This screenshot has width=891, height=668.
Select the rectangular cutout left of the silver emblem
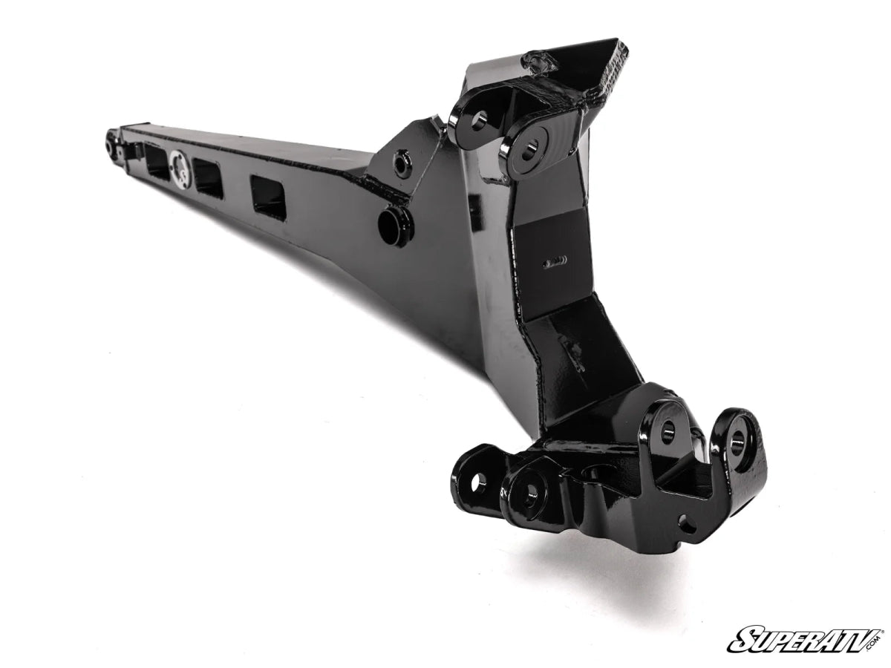(158, 162)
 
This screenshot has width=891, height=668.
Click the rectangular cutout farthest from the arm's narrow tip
(268, 197)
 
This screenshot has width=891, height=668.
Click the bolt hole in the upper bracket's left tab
(476, 119)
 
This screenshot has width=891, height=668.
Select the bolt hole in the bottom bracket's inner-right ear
(668, 428)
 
